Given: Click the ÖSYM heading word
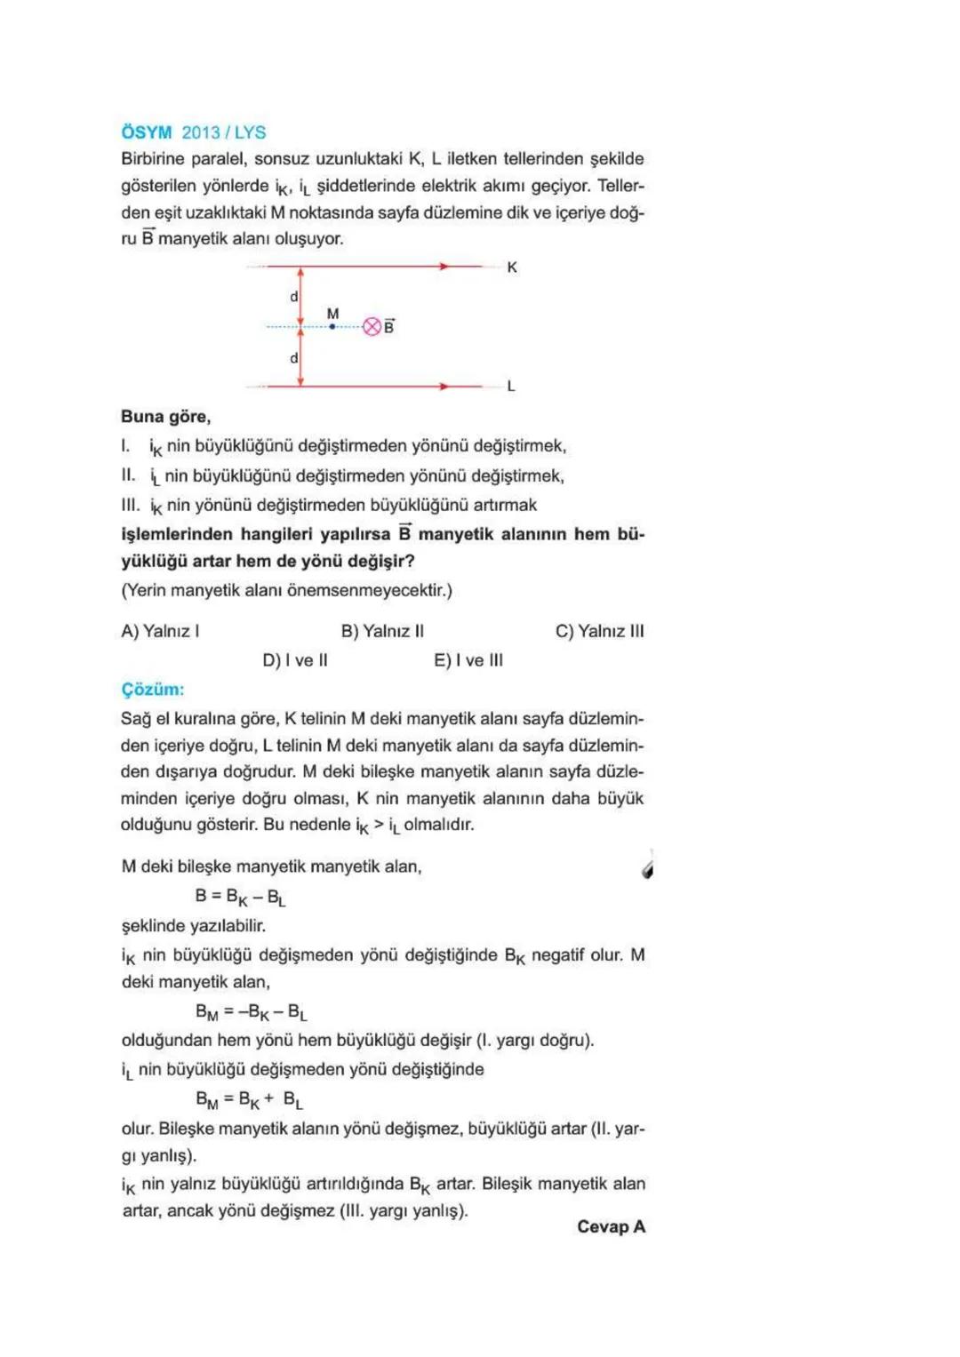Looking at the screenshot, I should [147, 132].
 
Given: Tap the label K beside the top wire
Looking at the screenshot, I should [512, 267].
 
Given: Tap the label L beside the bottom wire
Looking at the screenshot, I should [511, 387].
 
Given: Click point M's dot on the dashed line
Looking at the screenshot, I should [332, 327].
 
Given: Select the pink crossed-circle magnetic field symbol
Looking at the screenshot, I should [372, 327].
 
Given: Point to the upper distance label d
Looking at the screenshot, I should [294, 297].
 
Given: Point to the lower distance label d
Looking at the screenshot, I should [294, 358].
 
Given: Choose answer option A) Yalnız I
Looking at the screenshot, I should [160, 631].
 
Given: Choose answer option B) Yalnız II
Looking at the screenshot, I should [382, 631].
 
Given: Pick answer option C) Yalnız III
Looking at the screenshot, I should [599, 631].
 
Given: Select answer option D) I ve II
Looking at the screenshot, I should [295, 660].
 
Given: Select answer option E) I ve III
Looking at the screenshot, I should [468, 660].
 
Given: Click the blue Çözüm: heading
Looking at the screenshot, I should [153, 690].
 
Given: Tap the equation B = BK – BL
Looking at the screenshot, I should [240, 897].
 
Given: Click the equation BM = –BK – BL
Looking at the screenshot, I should [251, 1012].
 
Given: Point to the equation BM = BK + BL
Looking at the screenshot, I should [249, 1100].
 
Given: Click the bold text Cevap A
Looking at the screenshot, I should [611, 1227].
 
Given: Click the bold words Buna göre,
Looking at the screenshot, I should [165, 417].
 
